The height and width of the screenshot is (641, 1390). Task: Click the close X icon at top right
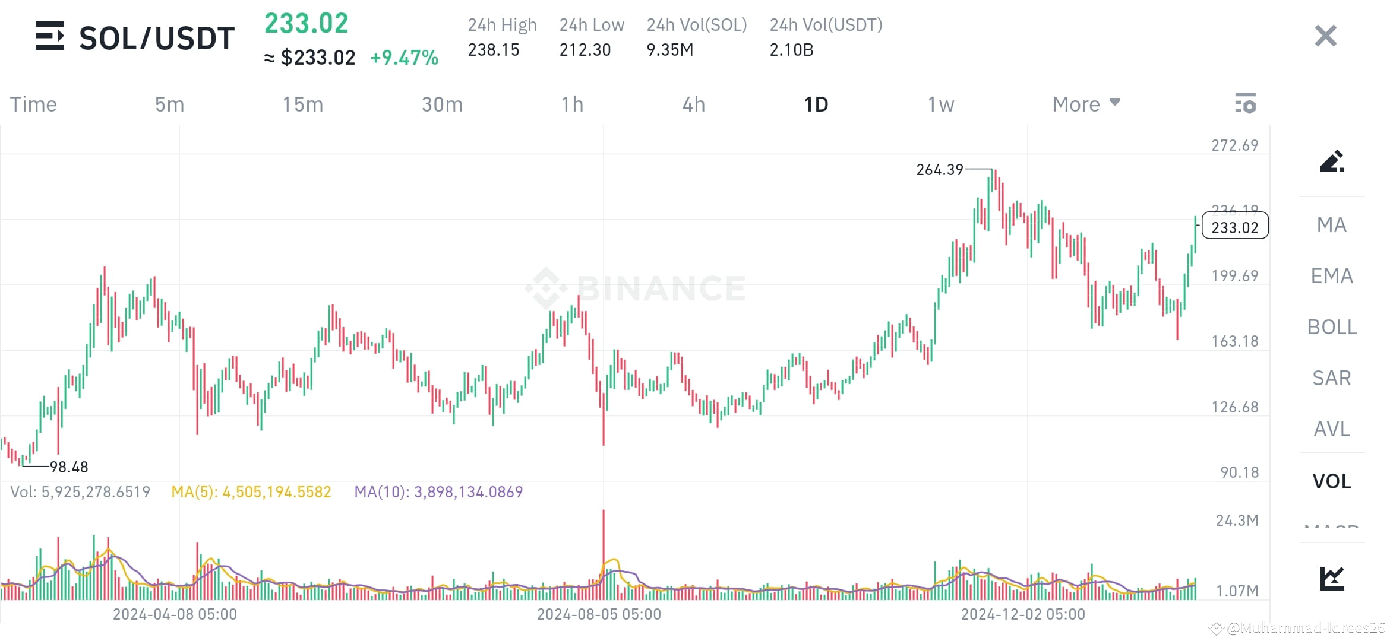[x=1325, y=36]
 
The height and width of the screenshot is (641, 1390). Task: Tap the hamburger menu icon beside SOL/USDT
[x=50, y=36]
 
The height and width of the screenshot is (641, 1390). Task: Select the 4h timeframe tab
[x=693, y=104]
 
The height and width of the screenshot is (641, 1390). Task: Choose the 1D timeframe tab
[x=816, y=104]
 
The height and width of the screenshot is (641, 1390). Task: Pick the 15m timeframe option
[x=302, y=104]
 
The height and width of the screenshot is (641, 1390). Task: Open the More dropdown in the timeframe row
[x=1085, y=104]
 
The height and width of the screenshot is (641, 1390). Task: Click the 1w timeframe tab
[x=940, y=104]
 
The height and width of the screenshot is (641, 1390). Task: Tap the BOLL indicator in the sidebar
[x=1331, y=327]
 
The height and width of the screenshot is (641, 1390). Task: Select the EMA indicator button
[x=1331, y=276]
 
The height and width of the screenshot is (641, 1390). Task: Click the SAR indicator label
[x=1331, y=378]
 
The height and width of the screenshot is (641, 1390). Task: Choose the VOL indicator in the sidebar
[x=1331, y=481]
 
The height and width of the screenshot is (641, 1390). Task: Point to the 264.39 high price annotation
[x=939, y=170]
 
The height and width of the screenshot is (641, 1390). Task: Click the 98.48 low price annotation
[x=69, y=467]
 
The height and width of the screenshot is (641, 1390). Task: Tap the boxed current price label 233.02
[x=1234, y=227]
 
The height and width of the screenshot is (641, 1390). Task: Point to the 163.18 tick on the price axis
[x=1234, y=341]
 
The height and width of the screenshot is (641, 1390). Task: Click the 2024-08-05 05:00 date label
[x=599, y=614]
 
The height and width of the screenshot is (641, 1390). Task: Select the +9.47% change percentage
[x=404, y=58]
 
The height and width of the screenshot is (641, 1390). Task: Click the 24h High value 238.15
[x=493, y=50]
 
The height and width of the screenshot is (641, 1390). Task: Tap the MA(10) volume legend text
[x=438, y=492]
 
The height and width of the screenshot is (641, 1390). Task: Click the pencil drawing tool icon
[x=1331, y=161]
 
